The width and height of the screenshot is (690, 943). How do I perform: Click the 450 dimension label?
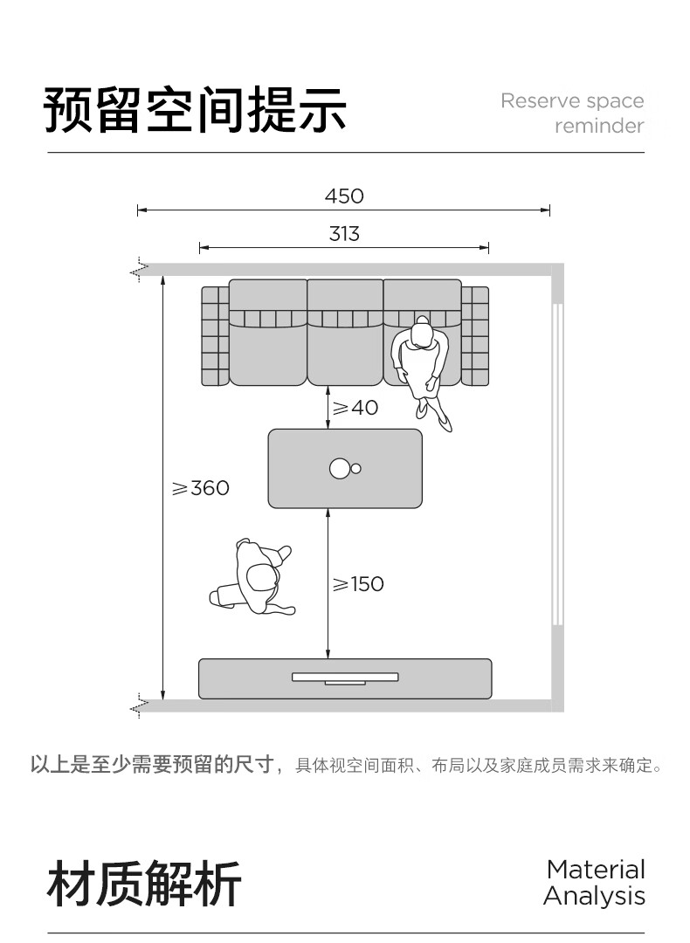pyautogui.click(x=344, y=196)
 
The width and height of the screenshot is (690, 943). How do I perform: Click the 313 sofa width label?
pyautogui.click(x=344, y=233)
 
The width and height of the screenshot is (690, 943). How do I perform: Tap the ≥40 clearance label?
pyautogui.click(x=355, y=408)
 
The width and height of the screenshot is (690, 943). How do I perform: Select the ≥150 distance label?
pyautogui.click(x=358, y=584)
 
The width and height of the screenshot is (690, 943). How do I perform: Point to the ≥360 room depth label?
pyautogui.click(x=200, y=488)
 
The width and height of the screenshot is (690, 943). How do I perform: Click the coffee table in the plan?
pyautogui.click(x=345, y=469)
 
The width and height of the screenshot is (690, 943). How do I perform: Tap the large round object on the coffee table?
pyautogui.click(x=340, y=469)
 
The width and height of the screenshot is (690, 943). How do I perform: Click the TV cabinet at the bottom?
pyautogui.click(x=345, y=679)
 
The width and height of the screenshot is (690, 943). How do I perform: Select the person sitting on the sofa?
pyautogui.click(x=421, y=370)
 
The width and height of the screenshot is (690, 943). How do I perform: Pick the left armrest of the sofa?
pyautogui.click(x=216, y=336)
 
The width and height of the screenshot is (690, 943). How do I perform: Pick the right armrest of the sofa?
pyautogui.click(x=474, y=336)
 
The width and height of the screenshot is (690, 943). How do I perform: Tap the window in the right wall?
pyautogui.click(x=557, y=465)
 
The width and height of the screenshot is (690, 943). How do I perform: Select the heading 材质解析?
pyautogui.click(x=144, y=884)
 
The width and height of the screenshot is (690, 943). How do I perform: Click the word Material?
pyautogui.click(x=597, y=870)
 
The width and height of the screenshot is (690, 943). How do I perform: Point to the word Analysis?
pyautogui.click(x=594, y=896)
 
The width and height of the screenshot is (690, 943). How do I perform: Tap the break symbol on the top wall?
pyautogui.click(x=140, y=272)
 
